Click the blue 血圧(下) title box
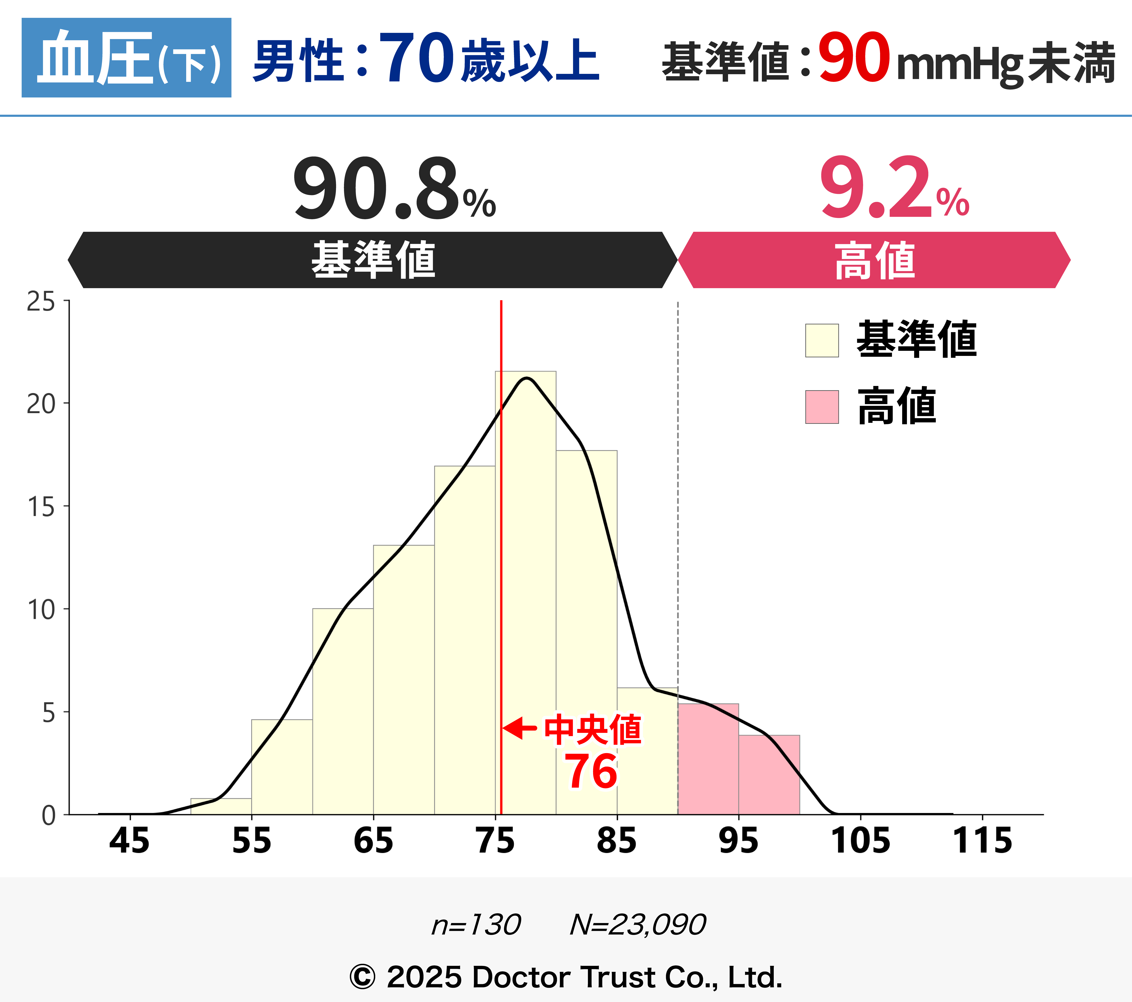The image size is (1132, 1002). [126, 58]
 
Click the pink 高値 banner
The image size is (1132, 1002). [874, 260]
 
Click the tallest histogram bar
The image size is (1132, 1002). [526, 592]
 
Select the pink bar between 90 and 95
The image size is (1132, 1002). [708, 759]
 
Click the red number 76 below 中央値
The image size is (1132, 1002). [591, 771]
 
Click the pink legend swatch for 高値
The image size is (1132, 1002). [822, 407]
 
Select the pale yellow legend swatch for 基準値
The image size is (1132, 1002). [822, 340]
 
